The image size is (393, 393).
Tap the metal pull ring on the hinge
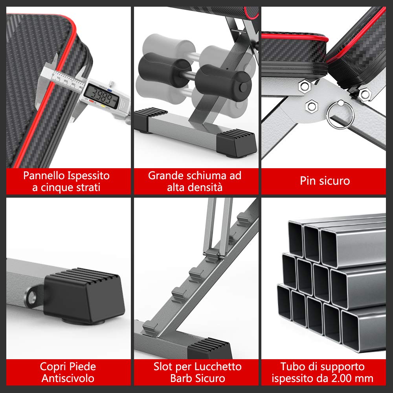340,114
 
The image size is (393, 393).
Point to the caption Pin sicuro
325,181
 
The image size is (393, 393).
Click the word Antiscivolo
68,379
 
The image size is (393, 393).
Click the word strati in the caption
87,187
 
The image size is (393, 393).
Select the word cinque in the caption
55,187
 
